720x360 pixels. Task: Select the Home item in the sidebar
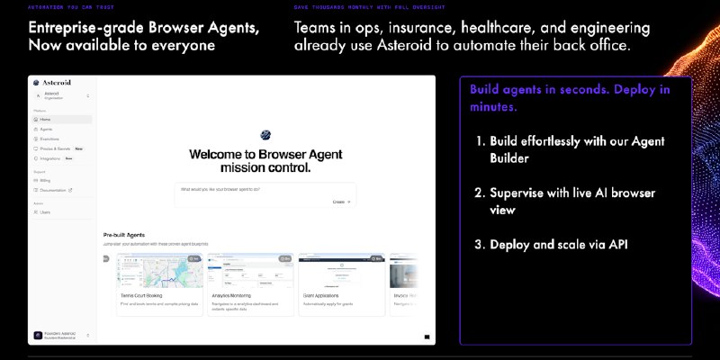point(45,119)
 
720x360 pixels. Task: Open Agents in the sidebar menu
point(46,129)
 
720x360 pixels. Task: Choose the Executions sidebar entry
point(49,139)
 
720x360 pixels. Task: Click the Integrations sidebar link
point(49,158)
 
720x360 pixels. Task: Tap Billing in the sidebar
point(45,180)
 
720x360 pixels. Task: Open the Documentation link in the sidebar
point(54,190)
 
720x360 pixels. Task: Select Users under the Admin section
point(45,212)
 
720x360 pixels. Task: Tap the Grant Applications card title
point(323,294)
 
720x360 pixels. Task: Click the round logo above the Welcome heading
point(265,135)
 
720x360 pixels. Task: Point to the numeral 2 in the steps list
point(479,193)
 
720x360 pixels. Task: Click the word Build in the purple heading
point(486,89)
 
